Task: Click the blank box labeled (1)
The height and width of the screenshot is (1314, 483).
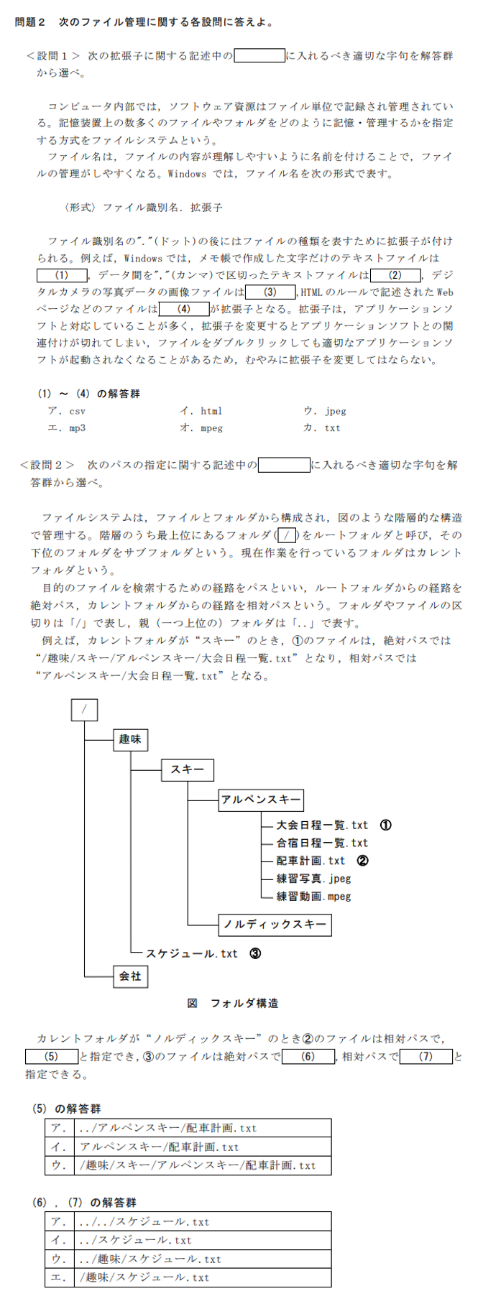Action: (x=62, y=275)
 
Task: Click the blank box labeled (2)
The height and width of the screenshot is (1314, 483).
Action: (x=395, y=275)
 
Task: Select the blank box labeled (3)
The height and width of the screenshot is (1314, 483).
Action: (x=270, y=292)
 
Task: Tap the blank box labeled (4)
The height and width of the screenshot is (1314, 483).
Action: (x=184, y=310)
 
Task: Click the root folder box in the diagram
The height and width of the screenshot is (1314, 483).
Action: (x=85, y=710)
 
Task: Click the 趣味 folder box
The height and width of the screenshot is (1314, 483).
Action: (x=130, y=739)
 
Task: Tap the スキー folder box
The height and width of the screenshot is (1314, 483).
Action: (x=187, y=769)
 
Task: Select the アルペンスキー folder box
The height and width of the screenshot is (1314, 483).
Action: (x=261, y=800)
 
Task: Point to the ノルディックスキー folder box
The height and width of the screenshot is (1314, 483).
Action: (x=275, y=925)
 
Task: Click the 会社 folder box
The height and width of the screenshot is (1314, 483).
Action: (x=130, y=976)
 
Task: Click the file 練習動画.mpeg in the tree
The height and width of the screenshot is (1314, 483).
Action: (x=314, y=897)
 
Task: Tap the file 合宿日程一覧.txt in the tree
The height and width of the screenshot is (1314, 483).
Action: (x=322, y=843)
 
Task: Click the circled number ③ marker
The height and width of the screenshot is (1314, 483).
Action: (x=255, y=954)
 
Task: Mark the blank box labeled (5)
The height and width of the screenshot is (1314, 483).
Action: (x=51, y=1057)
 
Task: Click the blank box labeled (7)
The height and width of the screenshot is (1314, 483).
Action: (x=426, y=1057)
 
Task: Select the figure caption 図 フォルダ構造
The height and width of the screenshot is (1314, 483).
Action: (x=233, y=1003)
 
